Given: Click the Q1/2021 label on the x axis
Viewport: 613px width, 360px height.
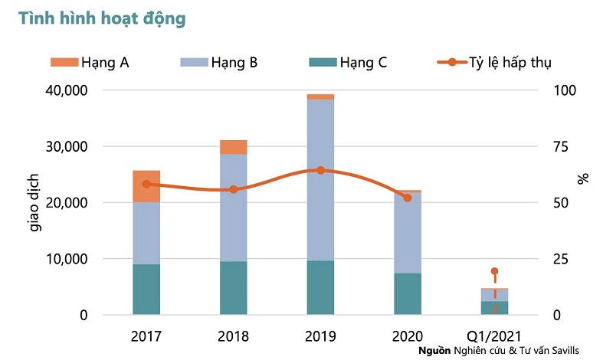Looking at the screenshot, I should pyautogui.click(x=495, y=335).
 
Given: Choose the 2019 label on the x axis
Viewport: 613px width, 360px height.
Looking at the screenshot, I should pyautogui.click(x=320, y=335).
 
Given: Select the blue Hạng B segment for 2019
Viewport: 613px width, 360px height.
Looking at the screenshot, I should pyautogui.click(x=320, y=180).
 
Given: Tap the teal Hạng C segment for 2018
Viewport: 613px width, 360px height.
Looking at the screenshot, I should pyautogui.click(x=233, y=288).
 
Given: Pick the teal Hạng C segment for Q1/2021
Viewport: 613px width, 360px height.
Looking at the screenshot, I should pyautogui.click(x=494, y=308).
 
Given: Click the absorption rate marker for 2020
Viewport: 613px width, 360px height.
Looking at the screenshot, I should pyautogui.click(x=408, y=198).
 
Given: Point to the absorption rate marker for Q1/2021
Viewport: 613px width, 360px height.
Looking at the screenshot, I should pyautogui.click(x=494, y=271).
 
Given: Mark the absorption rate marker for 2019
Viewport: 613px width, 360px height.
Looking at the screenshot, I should pyautogui.click(x=320, y=170).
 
